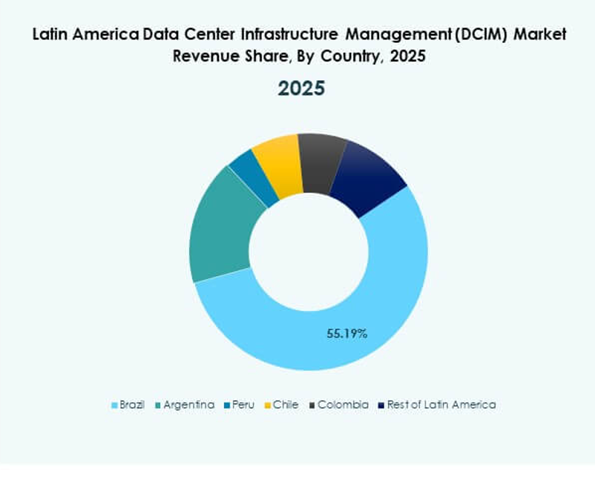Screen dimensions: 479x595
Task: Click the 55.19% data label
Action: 347,334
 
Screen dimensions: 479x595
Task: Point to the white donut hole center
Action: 308,252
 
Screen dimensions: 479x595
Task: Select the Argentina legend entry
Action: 188,405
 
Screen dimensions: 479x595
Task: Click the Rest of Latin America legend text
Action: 441,405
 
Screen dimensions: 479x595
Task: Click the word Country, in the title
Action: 355,56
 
